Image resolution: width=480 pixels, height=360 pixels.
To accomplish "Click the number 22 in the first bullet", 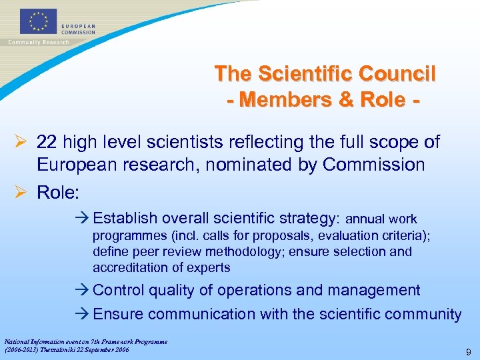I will tap(46, 142).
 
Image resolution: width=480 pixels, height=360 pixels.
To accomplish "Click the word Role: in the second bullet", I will tap(58, 193).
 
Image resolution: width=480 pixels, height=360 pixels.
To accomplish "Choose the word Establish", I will tap(125, 219).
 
